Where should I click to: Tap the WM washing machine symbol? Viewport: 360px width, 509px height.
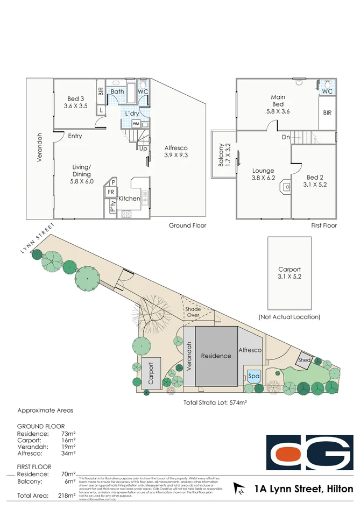pyautogui.click(x=135, y=124)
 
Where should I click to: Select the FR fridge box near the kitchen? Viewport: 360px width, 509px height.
pyautogui.click(x=111, y=192)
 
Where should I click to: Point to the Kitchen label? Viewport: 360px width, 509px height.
pyautogui.click(x=129, y=199)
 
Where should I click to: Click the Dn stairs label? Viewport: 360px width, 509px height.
pyautogui.click(x=286, y=137)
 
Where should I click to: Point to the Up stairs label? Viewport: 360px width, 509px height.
pyautogui.click(x=144, y=149)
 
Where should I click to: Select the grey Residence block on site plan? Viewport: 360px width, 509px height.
pyautogui.click(x=216, y=356)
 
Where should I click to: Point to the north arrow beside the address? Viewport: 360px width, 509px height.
pyautogui.click(x=238, y=489)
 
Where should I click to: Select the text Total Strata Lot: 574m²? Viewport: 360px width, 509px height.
pyautogui.click(x=215, y=402)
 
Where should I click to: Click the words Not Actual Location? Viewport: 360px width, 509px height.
pyautogui.click(x=290, y=317)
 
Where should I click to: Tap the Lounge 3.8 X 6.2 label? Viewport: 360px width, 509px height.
pyautogui.click(x=263, y=174)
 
